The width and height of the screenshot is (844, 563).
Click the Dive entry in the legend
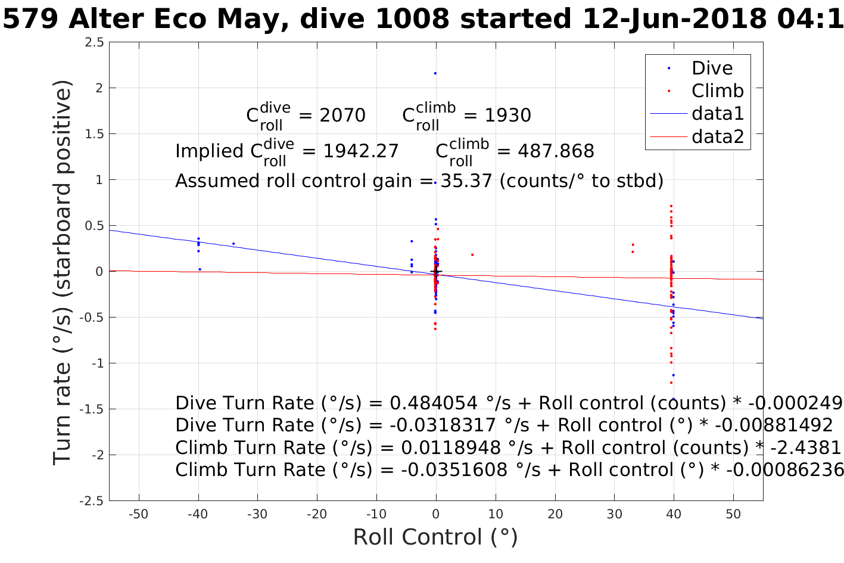(712, 69)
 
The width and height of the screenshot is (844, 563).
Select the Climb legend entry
(717, 91)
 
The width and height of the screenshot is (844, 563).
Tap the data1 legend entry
(717, 114)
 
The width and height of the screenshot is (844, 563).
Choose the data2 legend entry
(717, 137)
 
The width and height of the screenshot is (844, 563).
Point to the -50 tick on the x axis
(138, 514)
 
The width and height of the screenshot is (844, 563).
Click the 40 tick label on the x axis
(674, 514)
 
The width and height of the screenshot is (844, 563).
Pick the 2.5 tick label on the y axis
(94, 42)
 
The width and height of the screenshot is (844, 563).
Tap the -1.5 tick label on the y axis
(91, 409)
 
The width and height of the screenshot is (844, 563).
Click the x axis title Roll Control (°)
(435, 537)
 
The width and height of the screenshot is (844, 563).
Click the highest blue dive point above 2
(435, 73)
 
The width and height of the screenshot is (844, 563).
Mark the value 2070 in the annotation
(342, 116)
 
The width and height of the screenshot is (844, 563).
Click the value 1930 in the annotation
(507, 116)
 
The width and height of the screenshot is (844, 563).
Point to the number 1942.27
(361, 151)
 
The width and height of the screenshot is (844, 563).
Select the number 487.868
(556, 151)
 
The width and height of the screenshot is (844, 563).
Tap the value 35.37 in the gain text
(466, 181)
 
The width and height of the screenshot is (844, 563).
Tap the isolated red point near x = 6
(472, 255)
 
